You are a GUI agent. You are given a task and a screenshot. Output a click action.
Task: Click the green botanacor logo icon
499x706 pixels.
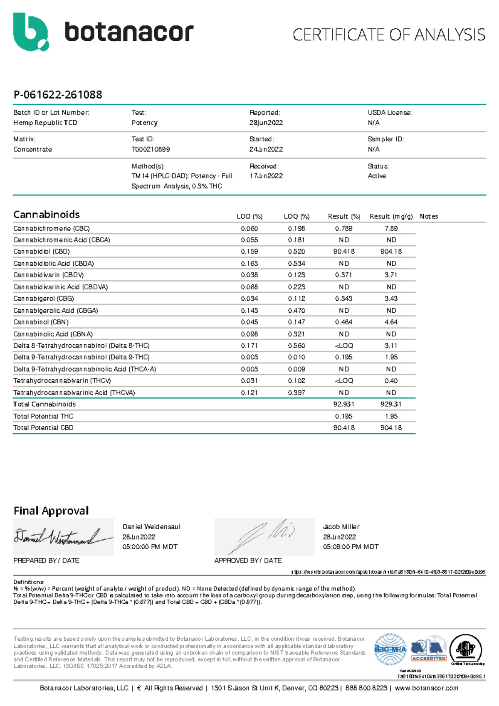pyautogui.click(x=30, y=32)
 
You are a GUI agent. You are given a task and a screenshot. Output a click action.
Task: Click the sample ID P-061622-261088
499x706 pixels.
pyautogui.click(x=58, y=95)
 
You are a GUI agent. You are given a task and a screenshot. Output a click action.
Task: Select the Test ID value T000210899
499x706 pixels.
pyautogui.click(x=151, y=149)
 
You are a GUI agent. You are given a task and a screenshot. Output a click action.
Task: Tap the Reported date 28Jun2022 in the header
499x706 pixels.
pyautogui.click(x=266, y=123)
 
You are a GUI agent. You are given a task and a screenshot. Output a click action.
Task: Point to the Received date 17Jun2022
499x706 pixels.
pyautogui.click(x=266, y=176)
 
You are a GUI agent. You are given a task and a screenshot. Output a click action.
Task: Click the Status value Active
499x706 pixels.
pyautogui.click(x=377, y=176)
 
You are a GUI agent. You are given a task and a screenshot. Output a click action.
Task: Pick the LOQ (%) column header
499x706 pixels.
pyautogui.click(x=296, y=216)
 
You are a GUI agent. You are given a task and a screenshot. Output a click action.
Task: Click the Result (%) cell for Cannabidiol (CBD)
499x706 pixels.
pyautogui.click(x=344, y=252)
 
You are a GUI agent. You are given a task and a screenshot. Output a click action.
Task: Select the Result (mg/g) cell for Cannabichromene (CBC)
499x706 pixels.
pyautogui.click(x=391, y=228)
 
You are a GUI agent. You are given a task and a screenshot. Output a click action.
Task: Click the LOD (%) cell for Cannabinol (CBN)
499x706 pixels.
pyautogui.click(x=249, y=322)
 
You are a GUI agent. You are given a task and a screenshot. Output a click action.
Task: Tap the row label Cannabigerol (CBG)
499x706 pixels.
pyautogui.click(x=44, y=299)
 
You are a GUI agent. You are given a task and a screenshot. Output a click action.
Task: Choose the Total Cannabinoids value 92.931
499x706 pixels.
pyautogui.click(x=344, y=404)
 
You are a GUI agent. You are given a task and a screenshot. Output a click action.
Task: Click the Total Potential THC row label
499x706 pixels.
pyautogui.click(x=43, y=416)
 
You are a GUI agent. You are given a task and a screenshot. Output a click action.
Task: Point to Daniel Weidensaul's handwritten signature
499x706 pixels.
pyautogui.click(x=62, y=537)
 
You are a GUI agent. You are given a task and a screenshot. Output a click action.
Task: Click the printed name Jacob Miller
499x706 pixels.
pyautogui.click(x=341, y=527)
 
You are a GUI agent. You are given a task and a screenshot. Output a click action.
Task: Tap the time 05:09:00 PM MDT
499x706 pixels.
pyautogui.click(x=351, y=547)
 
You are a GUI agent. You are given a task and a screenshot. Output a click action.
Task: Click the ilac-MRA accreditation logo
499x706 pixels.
pyautogui.click(x=390, y=649)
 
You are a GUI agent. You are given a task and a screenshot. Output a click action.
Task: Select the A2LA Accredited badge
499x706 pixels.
pyautogui.click(x=429, y=650)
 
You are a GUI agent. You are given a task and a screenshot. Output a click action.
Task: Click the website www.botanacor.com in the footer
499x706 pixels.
pyautogui.click(x=426, y=688)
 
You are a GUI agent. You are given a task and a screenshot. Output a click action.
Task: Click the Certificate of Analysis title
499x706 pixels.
pyautogui.click(x=389, y=35)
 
